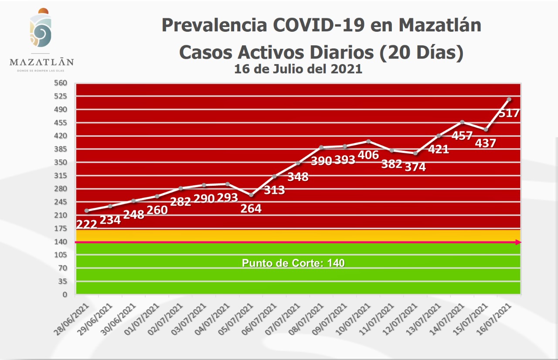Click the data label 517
pyautogui.click(x=509, y=113)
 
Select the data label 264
pyautogui.click(x=251, y=209)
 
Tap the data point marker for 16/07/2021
pyautogui.click(x=509, y=99)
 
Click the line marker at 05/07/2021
pyautogui.click(x=251, y=195)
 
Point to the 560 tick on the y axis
pyautogui.click(x=61, y=83)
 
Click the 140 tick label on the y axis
pyautogui.click(x=61, y=241)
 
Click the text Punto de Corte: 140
pyautogui.click(x=293, y=263)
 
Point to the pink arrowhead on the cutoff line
pyautogui.click(x=518, y=242)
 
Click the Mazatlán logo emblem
pyautogui.click(x=41, y=28)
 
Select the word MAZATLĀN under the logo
pyautogui.click(x=41, y=61)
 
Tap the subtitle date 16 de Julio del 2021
pyautogui.click(x=298, y=69)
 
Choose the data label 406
pyautogui.click(x=368, y=155)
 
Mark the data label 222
pyautogui.click(x=87, y=224)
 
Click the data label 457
pyautogui.click(x=462, y=136)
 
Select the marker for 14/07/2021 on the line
pyautogui.click(x=462, y=122)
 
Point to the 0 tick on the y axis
pyautogui.click(x=65, y=294)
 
